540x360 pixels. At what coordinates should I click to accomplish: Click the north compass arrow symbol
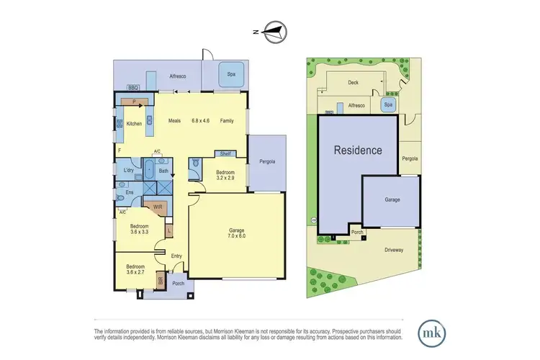click(274, 31)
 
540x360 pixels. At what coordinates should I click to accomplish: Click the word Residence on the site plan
click(358, 151)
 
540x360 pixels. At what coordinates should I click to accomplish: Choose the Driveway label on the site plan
click(393, 250)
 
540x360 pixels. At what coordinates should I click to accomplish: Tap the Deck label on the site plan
click(353, 83)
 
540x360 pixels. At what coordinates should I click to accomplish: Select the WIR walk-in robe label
click(158, 207)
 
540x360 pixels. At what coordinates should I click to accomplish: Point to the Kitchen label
click(135, 124)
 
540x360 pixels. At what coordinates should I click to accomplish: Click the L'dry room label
click(130, 171)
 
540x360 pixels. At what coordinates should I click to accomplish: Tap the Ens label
click(130, 192)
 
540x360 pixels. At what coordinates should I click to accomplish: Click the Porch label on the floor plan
click(179, 283)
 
